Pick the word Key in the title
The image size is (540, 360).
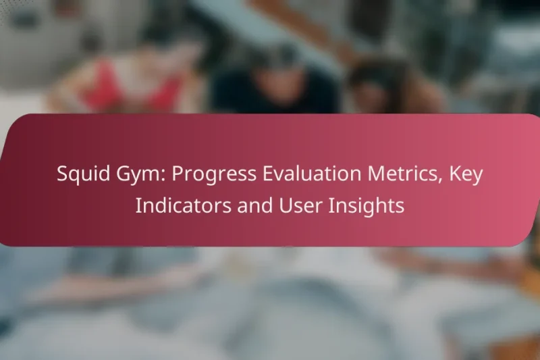click(468, 175)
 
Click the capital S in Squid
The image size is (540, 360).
click(62, 175)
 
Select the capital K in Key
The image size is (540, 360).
click(456, 175)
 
